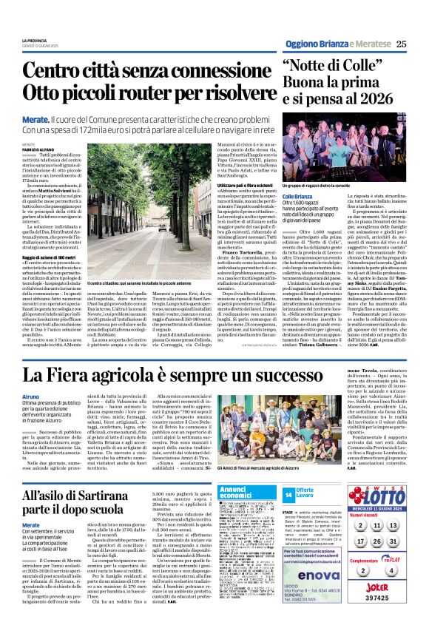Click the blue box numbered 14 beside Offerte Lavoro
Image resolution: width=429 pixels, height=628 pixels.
288,494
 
